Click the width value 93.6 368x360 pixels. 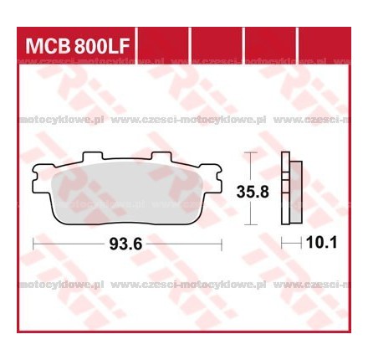tap(126, 244)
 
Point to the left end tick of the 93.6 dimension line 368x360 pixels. tap(32, 244)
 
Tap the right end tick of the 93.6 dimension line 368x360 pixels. tap(221, 244)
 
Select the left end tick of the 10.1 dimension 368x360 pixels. tap(282, 244)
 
